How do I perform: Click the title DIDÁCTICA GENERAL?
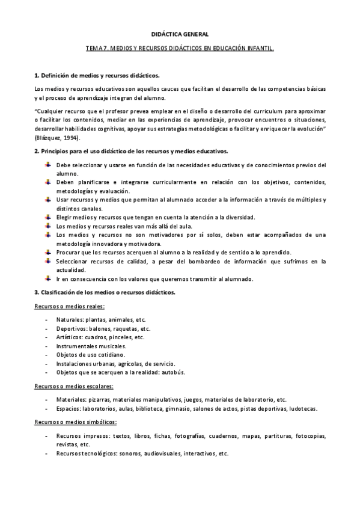[180, 35]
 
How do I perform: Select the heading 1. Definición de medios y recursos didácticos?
[97, 76]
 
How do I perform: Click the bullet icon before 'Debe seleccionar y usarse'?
[47, 164]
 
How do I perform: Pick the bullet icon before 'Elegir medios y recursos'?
[47, 217]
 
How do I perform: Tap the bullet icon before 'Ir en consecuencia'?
[47, 278]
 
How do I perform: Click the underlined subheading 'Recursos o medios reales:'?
[69, 306]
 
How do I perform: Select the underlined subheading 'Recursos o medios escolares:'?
[73, 386]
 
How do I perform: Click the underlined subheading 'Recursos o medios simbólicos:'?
[75, 422]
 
